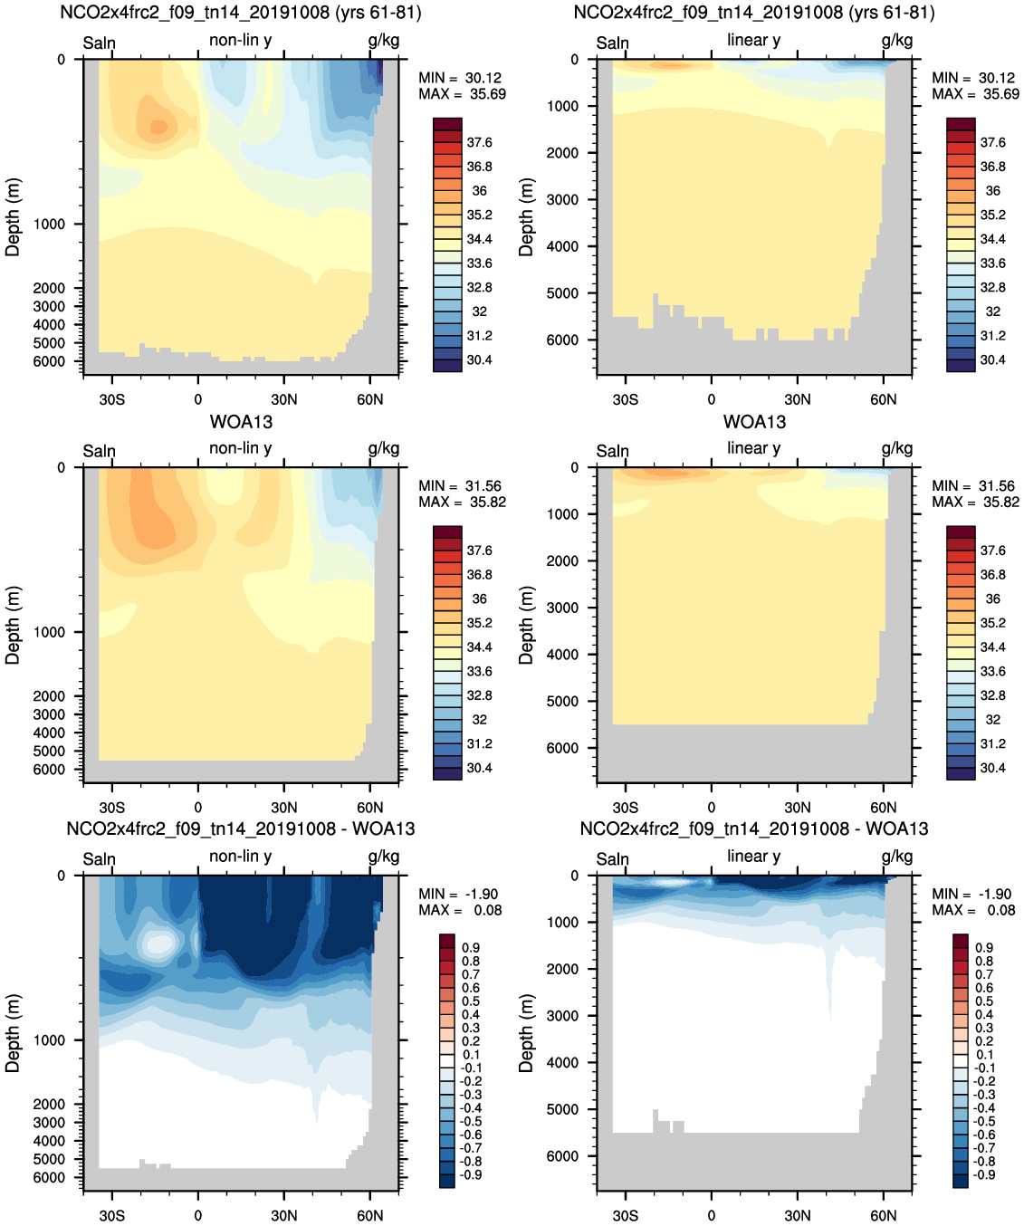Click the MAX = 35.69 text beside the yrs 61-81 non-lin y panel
462,94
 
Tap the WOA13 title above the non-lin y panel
241,422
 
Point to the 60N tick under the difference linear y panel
883,1215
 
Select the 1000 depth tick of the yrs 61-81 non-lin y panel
49,224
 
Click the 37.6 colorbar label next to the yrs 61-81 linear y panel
992,142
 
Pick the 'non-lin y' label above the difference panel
240,856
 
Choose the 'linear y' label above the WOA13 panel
753,448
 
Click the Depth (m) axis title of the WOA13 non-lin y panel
13,625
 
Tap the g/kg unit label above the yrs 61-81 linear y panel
896,40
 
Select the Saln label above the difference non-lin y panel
99,859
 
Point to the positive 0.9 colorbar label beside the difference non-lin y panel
471,948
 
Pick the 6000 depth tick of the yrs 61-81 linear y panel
562,340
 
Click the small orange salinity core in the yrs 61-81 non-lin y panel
158,126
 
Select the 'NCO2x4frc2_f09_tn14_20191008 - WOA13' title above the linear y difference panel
753,829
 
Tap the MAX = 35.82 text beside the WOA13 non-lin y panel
462,503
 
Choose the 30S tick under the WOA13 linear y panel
625,808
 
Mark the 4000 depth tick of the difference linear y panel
562,1062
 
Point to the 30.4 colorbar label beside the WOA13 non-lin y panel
479,768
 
